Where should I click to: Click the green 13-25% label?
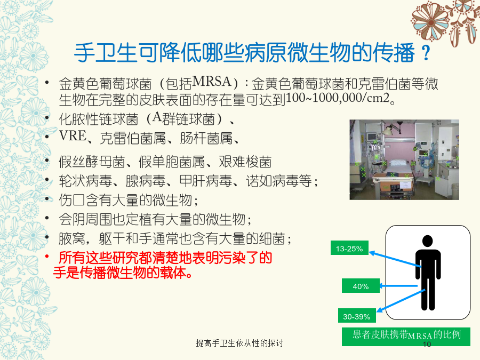click(349, 248)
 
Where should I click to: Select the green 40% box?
click(361, 286)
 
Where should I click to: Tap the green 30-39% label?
click(357, 316)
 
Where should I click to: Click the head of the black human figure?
click(428, 241)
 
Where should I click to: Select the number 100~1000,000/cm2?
click(338, 98)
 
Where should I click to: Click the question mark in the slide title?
click(426, 53)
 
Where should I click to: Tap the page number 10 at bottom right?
click(427, 345)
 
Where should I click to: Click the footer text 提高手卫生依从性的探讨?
click(239, 343)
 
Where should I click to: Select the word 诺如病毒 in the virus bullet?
click(272, 181)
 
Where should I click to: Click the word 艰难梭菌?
click(245, 162)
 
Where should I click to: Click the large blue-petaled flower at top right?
click(431, 21)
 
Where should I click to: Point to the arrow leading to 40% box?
click(398, 286)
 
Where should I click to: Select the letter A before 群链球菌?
click(157, 117)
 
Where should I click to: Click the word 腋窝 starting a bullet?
click(72, 238)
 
